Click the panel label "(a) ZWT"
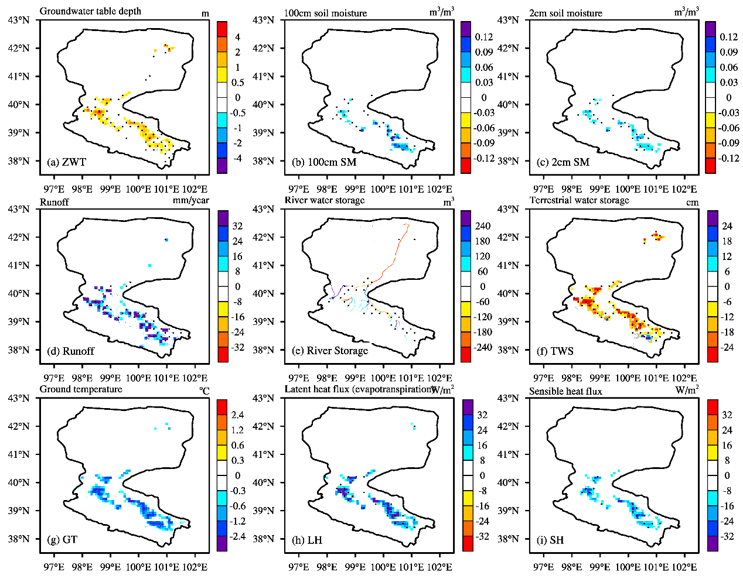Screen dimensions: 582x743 click(x=66, y=162)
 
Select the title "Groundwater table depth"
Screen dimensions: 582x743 click(x=90, y=11)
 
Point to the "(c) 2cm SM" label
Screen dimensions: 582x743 click(x=563, y=162)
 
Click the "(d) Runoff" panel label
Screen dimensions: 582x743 click(x=70, y=351)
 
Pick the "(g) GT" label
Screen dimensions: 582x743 click(x=62, y=540)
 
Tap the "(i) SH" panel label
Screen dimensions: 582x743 click(x=551, y=540)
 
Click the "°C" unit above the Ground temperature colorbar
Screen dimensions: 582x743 click(x=204, y=389)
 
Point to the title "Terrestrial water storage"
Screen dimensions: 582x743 click(x=579, y=200)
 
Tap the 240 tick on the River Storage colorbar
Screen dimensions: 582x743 click(x=482, y=226)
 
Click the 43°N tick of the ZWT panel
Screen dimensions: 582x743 click(x=19, y=20)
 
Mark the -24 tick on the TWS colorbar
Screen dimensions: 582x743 click(x=727, y=347)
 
